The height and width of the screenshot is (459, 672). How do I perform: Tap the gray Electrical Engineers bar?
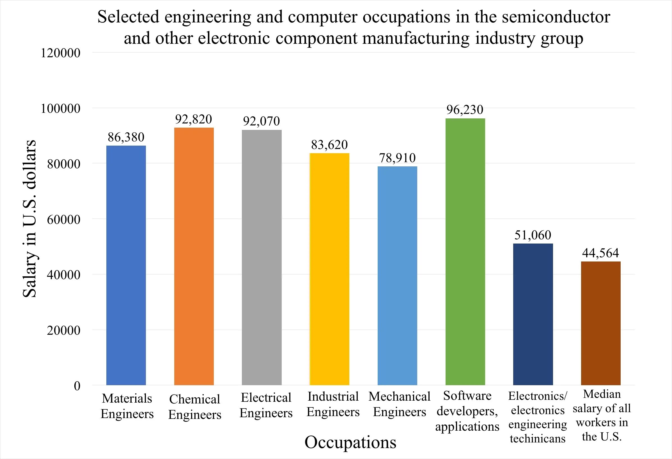[x=262, y=257]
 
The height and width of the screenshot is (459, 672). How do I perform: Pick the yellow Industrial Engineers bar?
[x=329, y=269]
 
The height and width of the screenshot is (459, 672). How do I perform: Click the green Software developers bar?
[x=465, y=251]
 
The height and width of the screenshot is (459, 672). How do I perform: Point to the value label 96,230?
[x=465, y=110]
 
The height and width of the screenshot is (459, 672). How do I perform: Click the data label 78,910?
[x=397, y=158]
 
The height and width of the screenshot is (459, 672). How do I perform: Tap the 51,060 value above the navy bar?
[x=533, y=235]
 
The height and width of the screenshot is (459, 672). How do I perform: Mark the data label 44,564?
[x=600, y=253]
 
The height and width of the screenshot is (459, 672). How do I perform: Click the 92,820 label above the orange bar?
[x=193, y=119]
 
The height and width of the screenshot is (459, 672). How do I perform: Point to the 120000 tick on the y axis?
[x=60, y=53]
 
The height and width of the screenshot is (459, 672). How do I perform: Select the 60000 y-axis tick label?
[x=64, y=220]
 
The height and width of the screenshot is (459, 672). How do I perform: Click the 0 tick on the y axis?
[x=77, y=386]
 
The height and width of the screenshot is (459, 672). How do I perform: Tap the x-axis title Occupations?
[x=350, y=442]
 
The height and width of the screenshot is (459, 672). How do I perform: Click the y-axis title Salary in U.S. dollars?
[x=30, y=219]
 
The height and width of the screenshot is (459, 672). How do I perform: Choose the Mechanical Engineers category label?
[x=399, y=404]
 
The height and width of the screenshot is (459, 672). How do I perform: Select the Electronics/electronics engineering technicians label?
[x=537, y=417]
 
